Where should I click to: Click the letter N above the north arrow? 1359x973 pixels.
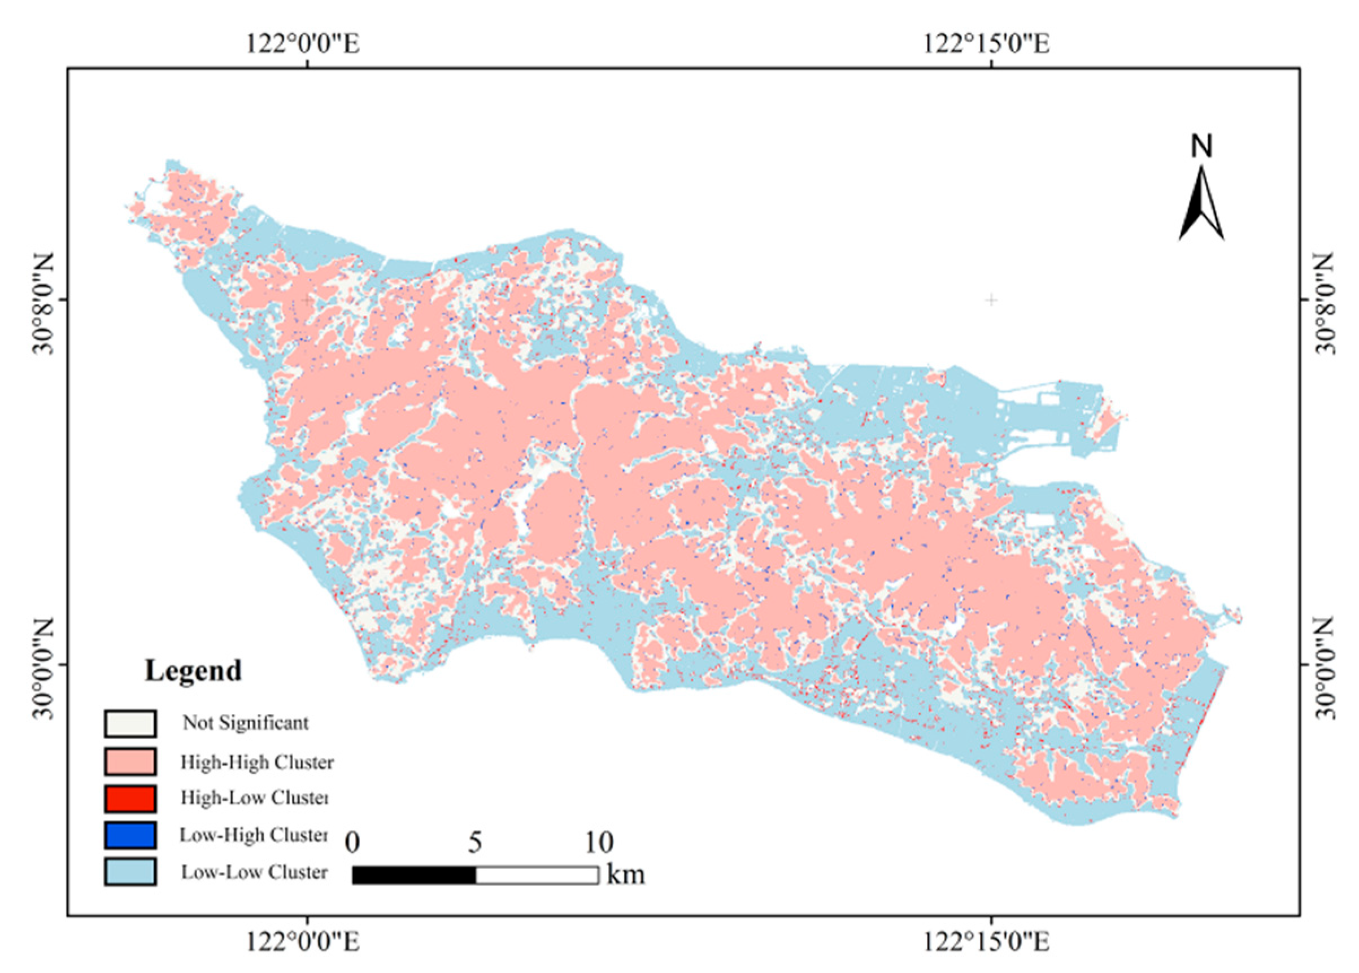1201,146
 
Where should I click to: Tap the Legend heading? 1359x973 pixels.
193,670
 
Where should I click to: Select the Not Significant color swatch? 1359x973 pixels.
130,723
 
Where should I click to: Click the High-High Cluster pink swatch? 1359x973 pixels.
130,761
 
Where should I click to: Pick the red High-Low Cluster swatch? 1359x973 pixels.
130,798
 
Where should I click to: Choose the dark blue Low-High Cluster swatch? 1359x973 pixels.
130,835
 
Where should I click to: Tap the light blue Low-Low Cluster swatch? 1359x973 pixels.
130,872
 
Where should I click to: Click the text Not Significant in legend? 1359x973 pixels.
246,723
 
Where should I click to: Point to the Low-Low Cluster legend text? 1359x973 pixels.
255,872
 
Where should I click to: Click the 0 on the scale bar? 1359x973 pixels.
352,843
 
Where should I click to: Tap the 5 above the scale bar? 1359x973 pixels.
474,843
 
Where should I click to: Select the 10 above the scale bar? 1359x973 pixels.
598,843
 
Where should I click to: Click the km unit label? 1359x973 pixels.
626,875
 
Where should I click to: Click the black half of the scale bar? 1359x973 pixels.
414,875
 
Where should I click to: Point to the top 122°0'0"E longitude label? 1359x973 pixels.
304,43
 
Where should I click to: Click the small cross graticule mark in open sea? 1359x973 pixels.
991,299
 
